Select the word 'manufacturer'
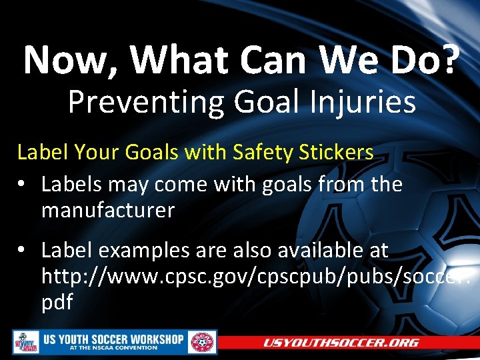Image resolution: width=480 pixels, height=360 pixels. (x=107, y=211)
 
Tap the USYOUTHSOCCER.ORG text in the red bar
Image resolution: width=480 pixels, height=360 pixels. (x=341, y=343)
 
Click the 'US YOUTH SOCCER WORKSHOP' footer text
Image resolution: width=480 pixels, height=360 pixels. (x=113, y=339)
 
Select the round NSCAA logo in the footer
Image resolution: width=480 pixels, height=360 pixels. (x=203, y=343)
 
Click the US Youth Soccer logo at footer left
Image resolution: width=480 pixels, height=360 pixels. (x=25, y=343)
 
